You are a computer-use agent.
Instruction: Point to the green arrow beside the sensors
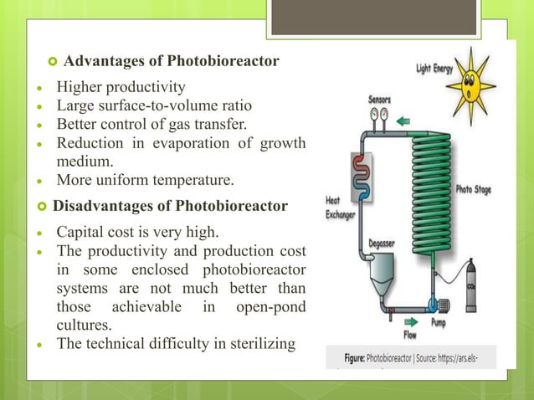pyautogui.click(x=403, y=121)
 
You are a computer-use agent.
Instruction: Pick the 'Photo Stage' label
pyautogui.click(x=474, y=190)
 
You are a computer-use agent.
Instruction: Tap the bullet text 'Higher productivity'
pyautogui.click(x=121, y=87)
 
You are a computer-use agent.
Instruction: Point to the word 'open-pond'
pyautogui.click(x=271, y=305)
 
